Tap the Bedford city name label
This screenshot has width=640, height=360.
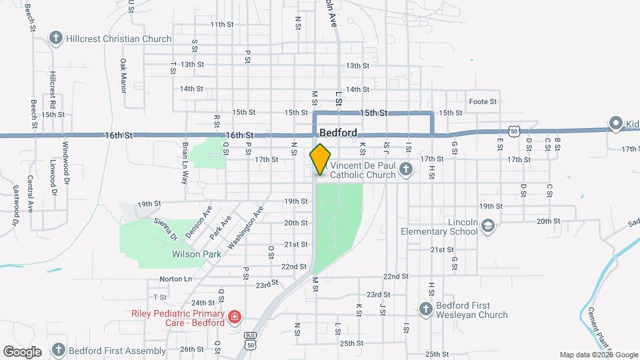338,133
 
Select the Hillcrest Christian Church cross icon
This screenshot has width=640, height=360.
56,38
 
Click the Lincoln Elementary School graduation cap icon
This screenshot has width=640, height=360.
488,227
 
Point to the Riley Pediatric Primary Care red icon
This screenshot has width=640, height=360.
234,316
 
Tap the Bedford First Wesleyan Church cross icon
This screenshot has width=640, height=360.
426,309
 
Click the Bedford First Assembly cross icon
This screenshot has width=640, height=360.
58,350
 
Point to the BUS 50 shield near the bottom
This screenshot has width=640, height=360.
250,340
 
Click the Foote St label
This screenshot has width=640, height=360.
483,101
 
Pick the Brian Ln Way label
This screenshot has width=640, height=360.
186,162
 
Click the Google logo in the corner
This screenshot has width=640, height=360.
21,351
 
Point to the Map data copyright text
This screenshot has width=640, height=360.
599,355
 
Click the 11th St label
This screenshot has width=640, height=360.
222,24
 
